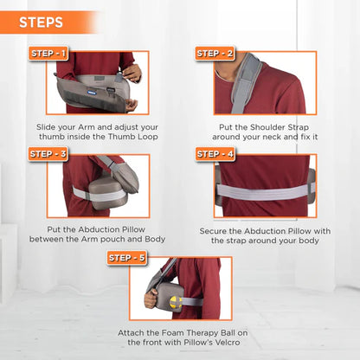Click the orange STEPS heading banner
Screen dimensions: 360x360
pyautogui.click(x=49, y=22)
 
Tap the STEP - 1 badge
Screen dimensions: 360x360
pyautogui.click(x=48, y=54)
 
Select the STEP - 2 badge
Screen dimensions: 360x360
pyautogui.click(x=215, y=54)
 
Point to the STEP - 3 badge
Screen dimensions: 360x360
pyautogui.click(x=48, y=154)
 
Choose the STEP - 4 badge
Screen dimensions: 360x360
pyautogui.click(x=215, y=154)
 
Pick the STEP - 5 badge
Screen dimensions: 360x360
pyautogui.click(x=127, y=258)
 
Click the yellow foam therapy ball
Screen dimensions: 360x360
pyautogui.click(x=176, y=302)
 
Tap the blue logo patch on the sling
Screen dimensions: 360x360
pyautogui.click(x=91, y=93)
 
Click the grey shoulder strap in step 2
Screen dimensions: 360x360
pyautogui.click(x=246, y=83)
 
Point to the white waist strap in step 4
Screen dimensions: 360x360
pyautogui.click(x=264, y=192)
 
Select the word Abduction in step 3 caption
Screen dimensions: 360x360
pyautogui.click(x=97, y=229)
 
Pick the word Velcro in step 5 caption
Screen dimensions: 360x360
pyautogui.click(x=228, y=343)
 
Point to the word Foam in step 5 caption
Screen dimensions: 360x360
pyautogui.click(x=171, y=333)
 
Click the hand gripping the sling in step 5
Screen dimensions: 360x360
pyautogui.click(x=151, y=299)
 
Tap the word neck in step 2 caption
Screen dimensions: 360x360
pyautogui.click(x=272, y=137)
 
